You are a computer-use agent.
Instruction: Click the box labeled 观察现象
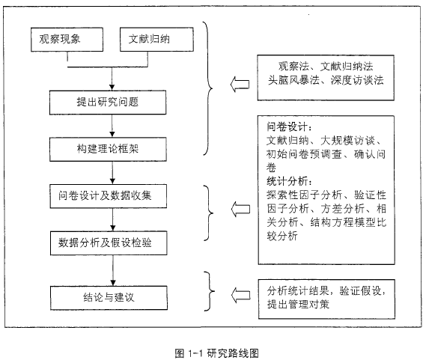click(x=67, y=40)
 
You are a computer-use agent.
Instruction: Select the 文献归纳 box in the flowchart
click(x=156, y=40)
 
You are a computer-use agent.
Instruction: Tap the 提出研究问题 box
click(x=108, y=103)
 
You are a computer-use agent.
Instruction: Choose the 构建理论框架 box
click(x=108, y=149)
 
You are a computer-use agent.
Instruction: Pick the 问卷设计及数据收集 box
click(x=109, y=196)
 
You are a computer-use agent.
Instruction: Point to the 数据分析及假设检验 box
click(x=109, y=243)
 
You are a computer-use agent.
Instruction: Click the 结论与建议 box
click(x=109, y=298)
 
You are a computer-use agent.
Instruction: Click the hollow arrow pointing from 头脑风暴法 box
click(x=240, y=84)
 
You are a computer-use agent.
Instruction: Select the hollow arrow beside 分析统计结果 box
click(x=241, y=295)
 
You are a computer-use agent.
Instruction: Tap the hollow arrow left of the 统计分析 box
click(x=240, y=209)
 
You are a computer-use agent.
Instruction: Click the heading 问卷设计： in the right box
click(x=289, y=126)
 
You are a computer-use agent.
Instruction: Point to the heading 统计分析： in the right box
click(x=289, y=181)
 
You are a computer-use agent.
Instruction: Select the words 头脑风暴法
click(x=293, y=80)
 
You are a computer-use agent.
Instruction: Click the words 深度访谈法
click(x=357, y=80)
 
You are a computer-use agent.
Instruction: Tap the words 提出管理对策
click(x=298, y=304)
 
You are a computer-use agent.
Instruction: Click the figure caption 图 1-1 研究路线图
click(x=217, y=353)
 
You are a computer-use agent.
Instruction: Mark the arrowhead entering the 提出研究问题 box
click(x=112, y=88)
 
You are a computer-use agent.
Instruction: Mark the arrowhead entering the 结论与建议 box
click(x=113, y=283)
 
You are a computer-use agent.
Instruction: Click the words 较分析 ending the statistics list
click(x=282, y=236)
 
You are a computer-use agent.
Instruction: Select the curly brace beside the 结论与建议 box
click(x=210, y=291)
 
